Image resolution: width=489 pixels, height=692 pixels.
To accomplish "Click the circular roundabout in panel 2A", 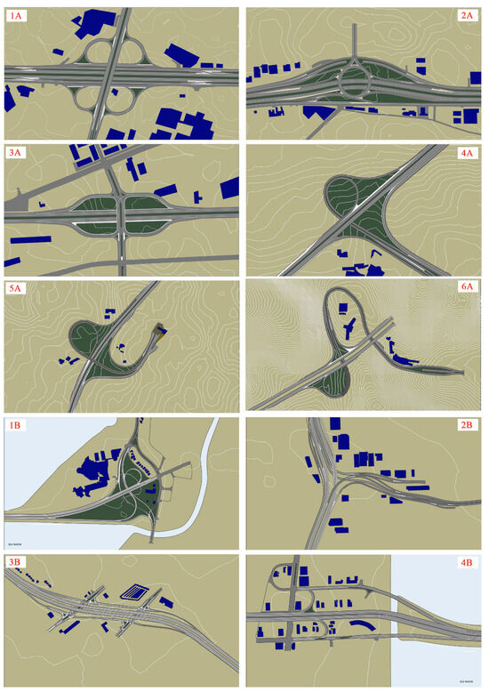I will (x=356, y=85).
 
